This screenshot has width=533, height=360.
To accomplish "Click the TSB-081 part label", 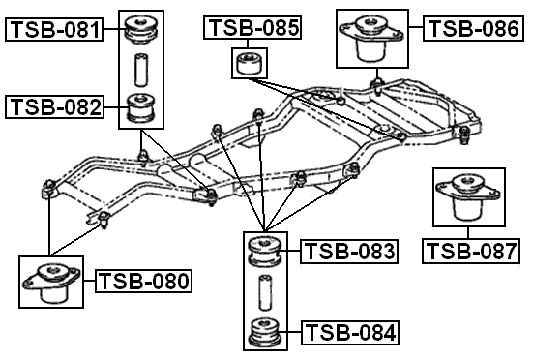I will [54, 30].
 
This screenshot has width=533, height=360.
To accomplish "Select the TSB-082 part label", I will [54, 106].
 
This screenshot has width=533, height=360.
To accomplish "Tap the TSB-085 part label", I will [253, 28].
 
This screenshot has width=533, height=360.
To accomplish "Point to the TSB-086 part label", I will [472, 28].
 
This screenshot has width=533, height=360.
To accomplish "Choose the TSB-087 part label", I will [471, 252].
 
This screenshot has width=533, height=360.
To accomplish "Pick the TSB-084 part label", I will [349, 334].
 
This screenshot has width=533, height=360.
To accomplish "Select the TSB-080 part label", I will [144, 282].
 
